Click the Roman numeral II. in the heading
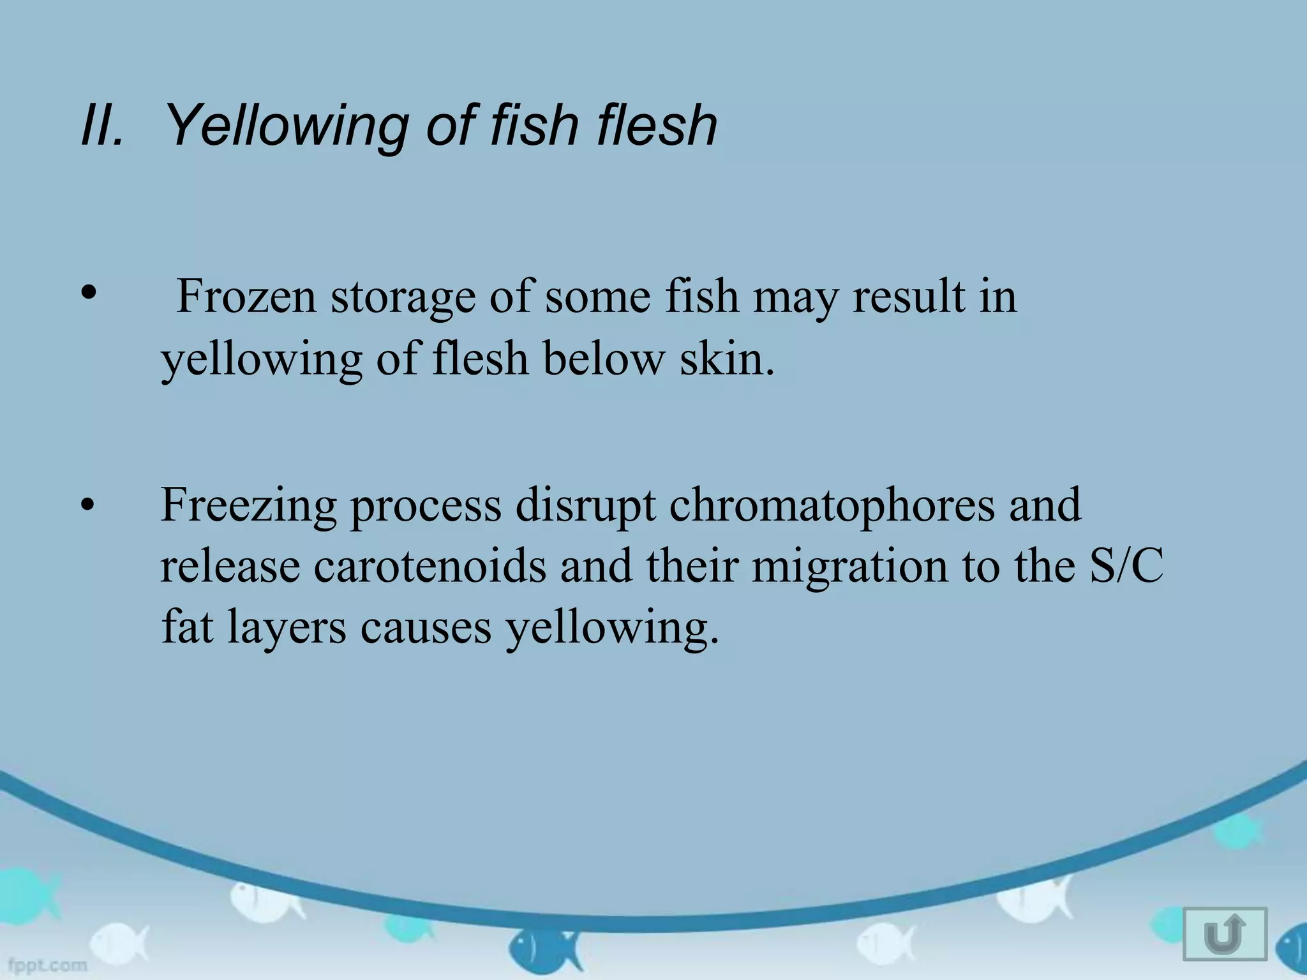coord(101,125)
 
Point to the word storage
coord(403,297)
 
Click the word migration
coord(849,567)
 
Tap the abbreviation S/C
coord(1126,566)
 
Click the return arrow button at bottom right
coord(1225,933)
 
